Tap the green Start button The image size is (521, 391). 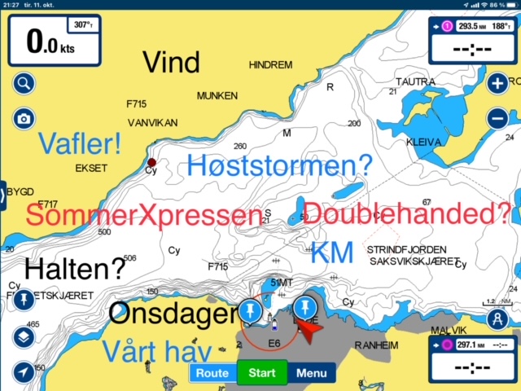(x=262, y=374)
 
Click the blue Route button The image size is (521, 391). (x=212, y=374)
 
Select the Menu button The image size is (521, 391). (x=311, y=374)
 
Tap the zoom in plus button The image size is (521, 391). (x=497, y=83)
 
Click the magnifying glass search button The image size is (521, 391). (x=24, y=83)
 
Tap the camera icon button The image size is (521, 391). (x=24, y=119)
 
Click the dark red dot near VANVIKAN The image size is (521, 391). (x=151, y=162)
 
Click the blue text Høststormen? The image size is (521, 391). (x=279, y=166)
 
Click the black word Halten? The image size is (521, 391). (x=76, y=267)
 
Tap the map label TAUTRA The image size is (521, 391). (x=415, y=81)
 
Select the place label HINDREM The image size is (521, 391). (x=270, y=64)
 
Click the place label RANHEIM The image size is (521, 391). (x=375, y=345)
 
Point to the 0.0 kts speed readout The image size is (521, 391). (x=50, y=42)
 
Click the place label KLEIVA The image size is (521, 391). (x=423, y=142)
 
